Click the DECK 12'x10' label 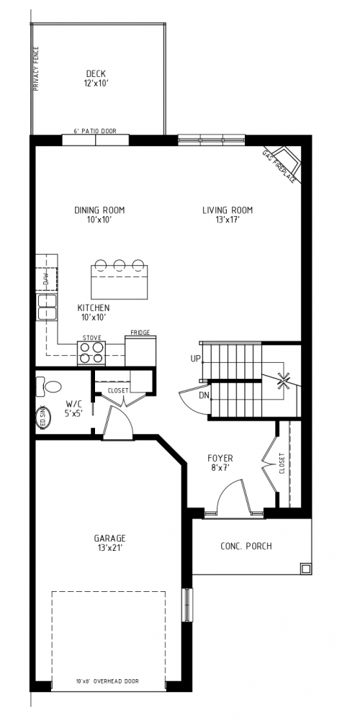tap(96, 78)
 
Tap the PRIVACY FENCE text tap(37, 69)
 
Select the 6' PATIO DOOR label tap(95, 131)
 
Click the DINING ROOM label tap(99, 215)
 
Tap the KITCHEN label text tap(94, 312)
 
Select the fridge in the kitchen tap(140, 349)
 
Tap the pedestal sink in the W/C tap(43, 419)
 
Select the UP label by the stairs tap(195, 358)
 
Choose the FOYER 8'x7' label tap(220, 462)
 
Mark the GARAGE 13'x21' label tap(109, 542)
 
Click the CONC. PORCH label tap(246, 545)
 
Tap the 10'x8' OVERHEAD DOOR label tap(108, 681)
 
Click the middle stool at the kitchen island tap(120, 264)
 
